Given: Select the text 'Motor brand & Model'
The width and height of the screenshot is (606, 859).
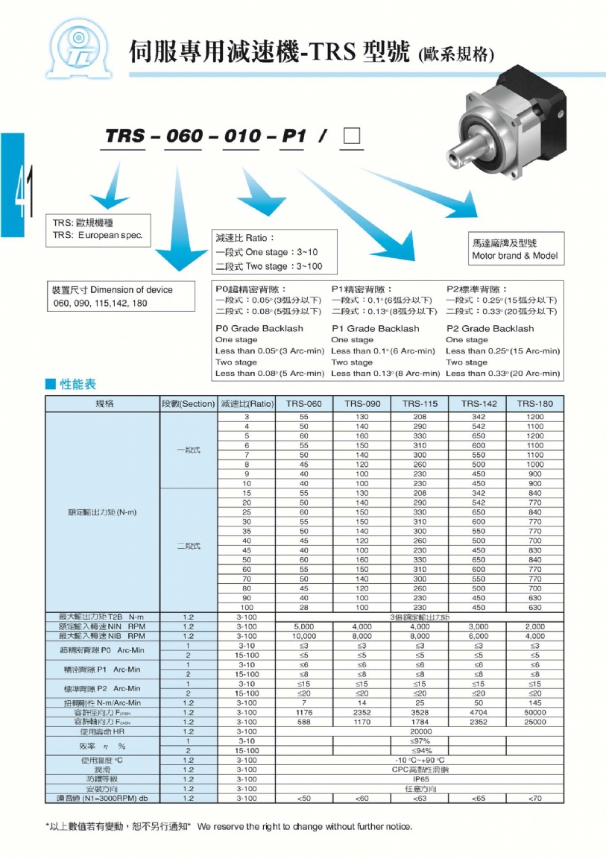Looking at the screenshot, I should click(x=514, y=256).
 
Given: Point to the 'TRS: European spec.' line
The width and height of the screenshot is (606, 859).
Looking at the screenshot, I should click(x=98, y=235).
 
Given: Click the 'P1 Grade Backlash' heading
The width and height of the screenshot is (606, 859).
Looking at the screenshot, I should click(x=375, y=328).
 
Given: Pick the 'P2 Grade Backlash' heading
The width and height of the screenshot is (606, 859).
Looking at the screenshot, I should click(x=490, y=328).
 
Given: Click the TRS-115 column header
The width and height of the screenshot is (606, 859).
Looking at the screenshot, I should click(x=420, y=403).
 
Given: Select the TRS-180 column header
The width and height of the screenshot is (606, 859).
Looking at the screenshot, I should click(x=535, y=403).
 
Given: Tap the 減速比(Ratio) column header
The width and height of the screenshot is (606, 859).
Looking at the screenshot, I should click(x=246, y=403).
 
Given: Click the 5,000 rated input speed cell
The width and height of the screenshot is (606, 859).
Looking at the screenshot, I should click(x=304, y=627).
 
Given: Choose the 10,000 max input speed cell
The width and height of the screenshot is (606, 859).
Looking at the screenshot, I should click(x=304, y=637).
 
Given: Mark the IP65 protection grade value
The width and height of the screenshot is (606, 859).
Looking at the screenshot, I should click(x=420, y=779).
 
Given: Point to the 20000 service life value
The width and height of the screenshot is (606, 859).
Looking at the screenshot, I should click(x=420, y=731).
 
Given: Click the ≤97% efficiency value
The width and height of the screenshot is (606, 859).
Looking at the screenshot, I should click(x=420, y=741).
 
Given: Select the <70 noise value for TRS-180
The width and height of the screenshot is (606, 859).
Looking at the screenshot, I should click(x=535, y=798).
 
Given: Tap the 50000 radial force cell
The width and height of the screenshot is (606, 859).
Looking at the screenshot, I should click(x=535, y=712).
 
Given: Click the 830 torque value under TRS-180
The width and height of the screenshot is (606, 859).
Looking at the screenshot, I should click(x=535, y=550).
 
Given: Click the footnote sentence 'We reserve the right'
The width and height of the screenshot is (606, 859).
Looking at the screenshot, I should click(x=304, y=826).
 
